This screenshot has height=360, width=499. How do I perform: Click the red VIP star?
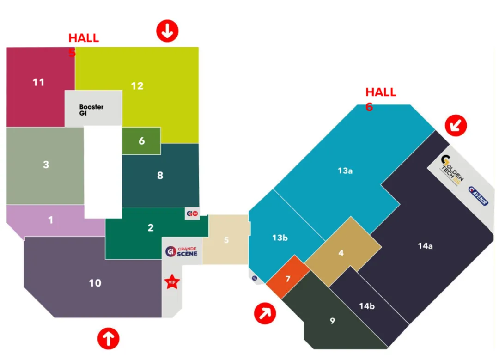[171, 282]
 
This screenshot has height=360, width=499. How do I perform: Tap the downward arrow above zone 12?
[167, 31]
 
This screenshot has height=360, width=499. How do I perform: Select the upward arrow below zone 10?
[108, 338]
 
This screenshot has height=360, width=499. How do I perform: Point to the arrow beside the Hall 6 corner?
[456, 125]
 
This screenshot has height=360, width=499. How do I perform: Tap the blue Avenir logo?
[478, 196]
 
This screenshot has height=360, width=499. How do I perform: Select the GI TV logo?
[192, 214]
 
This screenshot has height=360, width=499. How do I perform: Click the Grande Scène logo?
[181, 251]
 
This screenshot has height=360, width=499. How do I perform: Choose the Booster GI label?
[91, 110]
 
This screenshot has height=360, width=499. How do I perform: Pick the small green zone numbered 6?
[141, 141]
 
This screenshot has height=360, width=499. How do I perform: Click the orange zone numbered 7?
[288, 279]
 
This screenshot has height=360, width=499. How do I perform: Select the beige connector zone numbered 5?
[227, 240]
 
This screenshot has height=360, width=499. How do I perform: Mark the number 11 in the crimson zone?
[39, 82]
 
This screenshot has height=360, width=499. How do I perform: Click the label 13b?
[280, 238]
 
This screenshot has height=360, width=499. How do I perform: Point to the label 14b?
[367, 305]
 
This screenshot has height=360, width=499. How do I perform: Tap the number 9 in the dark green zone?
[332, 321]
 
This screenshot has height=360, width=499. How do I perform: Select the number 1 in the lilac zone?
[51, 220]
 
